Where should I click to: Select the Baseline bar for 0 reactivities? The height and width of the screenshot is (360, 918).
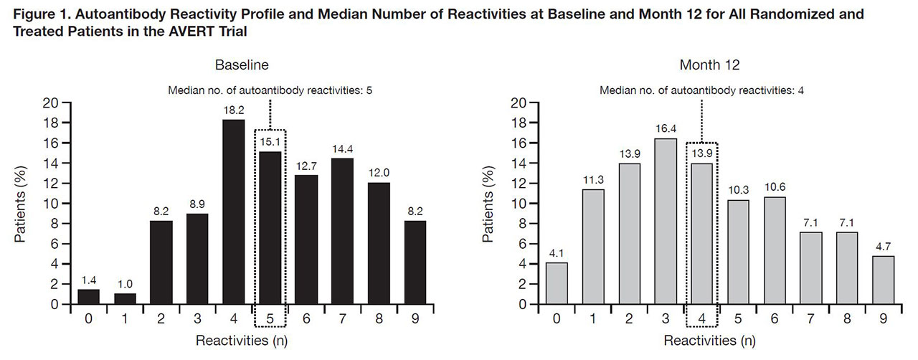[88, 296]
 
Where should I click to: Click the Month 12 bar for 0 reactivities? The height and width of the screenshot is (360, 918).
[557, 283]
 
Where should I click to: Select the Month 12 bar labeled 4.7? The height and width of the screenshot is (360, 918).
[884, 280]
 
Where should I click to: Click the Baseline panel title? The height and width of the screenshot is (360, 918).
[242, 65]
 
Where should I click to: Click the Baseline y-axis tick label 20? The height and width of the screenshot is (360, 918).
[52, 102]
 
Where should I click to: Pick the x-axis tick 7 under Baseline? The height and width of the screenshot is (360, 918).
[342, 319]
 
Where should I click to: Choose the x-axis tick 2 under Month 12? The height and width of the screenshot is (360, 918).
[629, 319]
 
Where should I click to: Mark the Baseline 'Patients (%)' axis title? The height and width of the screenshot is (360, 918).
[22, 203]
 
